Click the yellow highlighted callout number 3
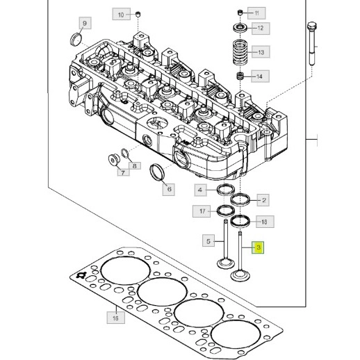click(x=258, y=247)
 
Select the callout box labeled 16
click(x=116, y=318)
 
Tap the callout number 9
click(x=85, y=23)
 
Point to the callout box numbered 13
click(x=261, y=52)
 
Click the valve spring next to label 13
click(x=241, y=53)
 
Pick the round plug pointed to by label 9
click(x=76, y=40)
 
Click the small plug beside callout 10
click(x=138, y=14)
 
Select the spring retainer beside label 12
click(x=240, y=28)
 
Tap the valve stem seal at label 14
click(x=240, y=76)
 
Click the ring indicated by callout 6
click(x=157, y=172)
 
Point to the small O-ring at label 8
click(x=125, y=154)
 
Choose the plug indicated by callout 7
click(x=114, y=160)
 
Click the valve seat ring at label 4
click(x=226, y=189)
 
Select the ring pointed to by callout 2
click(x=240, y=199)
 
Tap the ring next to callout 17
click(x=226, y=211)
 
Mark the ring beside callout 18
click(x=240, y=221)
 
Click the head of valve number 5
click(x=225, y=264)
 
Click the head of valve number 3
click(x=240, y=276)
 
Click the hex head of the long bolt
click(x=312, y=26)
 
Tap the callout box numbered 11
click(x=256, y=13)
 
